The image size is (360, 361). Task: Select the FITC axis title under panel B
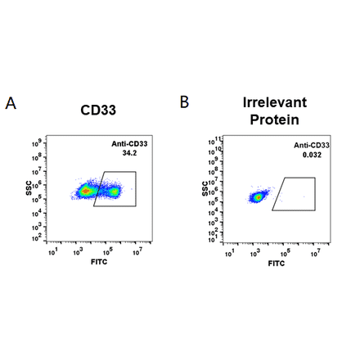coord(277,264)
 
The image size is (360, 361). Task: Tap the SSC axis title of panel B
coord(205,191)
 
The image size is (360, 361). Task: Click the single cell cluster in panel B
coord(259,196)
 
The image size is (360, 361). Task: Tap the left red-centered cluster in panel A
coord(85,191)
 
